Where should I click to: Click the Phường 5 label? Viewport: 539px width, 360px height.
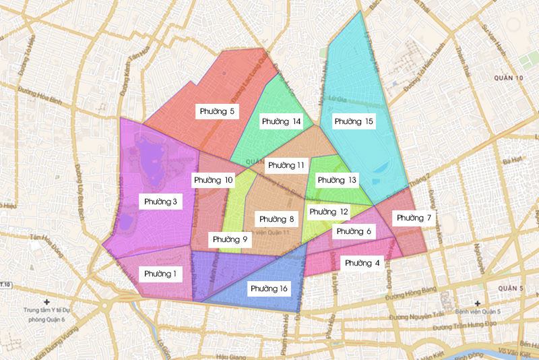pyautogui.click(x=217, y=111)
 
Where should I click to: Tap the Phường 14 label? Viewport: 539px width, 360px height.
pyautogui.click(x=282, y=121)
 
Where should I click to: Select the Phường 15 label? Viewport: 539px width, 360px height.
pyautogui.click(x=354, y=121)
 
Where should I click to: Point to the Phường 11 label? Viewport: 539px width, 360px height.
pyautogui.click(x=286, y=165)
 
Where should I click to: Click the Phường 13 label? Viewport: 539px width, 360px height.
pyautogui.click(x=337, y=180)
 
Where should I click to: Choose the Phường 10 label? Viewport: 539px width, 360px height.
pyautogui.click(x=214, y=180)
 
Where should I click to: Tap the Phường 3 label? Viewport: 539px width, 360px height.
pyautogui.click(x=160, y=202)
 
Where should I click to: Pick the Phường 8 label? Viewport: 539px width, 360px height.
pyautogui.click(x=277, y=219)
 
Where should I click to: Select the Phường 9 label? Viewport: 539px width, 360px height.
pyautogui.click(x=230, y=239)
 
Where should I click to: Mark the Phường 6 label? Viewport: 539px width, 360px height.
pyautogui.click(x=354, y=232)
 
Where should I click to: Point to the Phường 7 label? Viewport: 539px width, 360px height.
pyautogui.click(x=414, y=218)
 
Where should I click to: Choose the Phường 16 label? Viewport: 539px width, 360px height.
pyautogui.click(x=269, y=289)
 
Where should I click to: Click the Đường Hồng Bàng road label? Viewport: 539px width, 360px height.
pyautogui.click(x=413, y=297)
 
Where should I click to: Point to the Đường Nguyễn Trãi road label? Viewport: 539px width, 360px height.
pyautogui.click(x=417, y=316)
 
